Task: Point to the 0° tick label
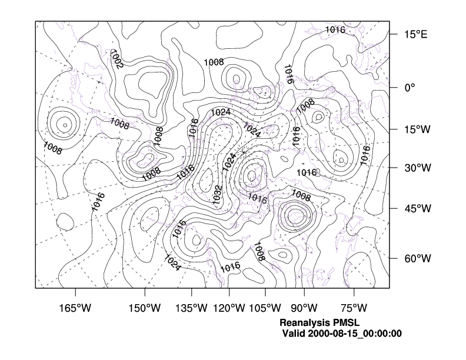[x=410, y=87]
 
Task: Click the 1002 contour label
[x=116, y=60]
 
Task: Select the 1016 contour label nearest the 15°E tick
[x=335, y=29]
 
